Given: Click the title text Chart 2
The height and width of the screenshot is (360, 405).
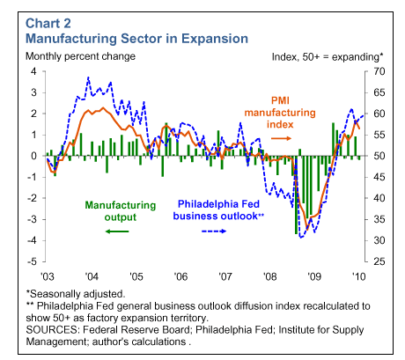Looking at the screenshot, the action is click(48, 24).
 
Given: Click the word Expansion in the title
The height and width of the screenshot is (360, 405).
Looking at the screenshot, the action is click(215, 39).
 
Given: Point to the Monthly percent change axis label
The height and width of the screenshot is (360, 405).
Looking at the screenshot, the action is click(80, 56).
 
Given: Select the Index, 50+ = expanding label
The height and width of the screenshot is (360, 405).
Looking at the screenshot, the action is click(328, 57).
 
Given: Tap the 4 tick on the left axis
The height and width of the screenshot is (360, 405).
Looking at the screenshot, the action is click(33, 71).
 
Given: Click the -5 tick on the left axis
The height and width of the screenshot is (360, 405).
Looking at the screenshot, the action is click(32, 261).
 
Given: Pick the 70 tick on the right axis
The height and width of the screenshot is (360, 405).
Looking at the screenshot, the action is click(379, 71).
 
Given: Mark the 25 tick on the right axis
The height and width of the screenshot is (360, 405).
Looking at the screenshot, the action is click(379, 261).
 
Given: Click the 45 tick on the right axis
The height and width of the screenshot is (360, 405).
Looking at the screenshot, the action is click(379, 177).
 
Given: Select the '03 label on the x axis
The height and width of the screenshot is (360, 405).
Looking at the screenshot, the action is click(48, 276).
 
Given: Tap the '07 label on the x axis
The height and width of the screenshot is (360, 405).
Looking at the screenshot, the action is click(225, 276).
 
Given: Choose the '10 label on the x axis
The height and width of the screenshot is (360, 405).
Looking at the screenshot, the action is click(358, 276).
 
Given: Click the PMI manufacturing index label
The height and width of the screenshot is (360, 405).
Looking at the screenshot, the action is click(280, 113).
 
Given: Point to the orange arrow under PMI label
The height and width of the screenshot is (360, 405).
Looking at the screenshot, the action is click(281, 138).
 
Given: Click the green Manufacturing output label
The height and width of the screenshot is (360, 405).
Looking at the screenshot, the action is click(121, 211).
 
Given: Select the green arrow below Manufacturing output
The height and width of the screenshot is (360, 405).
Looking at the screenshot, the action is click(117, 231).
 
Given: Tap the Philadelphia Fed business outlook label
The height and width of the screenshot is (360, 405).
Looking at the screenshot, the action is click(218, 210).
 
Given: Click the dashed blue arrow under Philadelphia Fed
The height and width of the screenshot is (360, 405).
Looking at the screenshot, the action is click(214, 231).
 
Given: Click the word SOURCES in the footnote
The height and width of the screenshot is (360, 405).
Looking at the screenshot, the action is click(52, 330).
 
